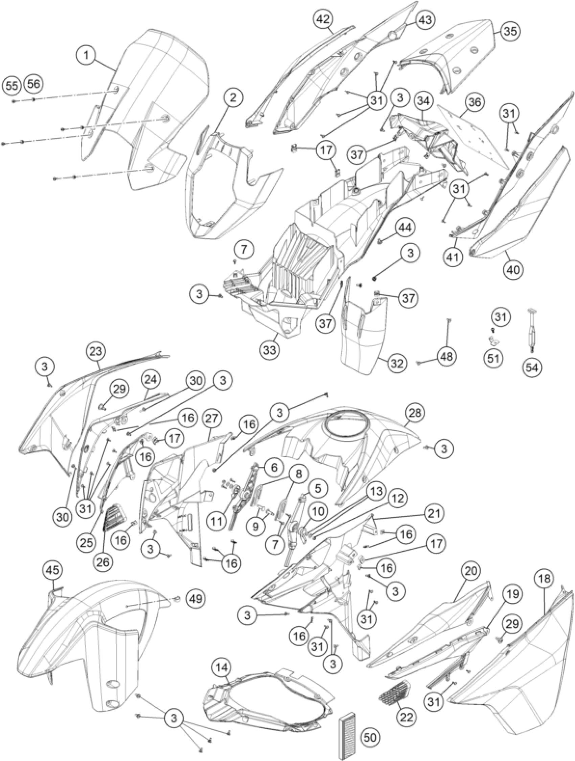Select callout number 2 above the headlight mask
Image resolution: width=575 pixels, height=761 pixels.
233,98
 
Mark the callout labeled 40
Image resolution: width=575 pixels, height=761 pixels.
513,269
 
